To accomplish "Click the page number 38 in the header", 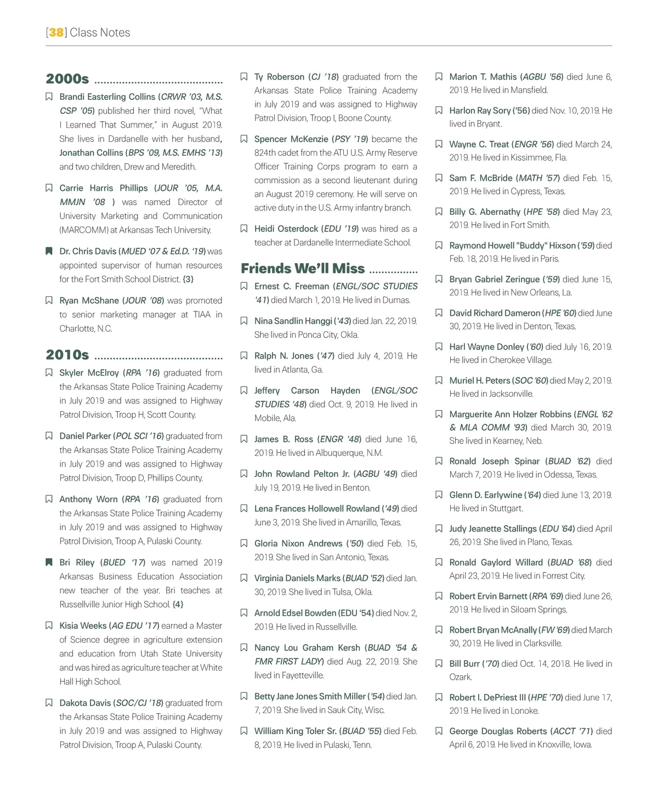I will tap(56, 32).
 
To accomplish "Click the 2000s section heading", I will tap(67, 79).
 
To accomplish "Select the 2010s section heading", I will tap(67, 355).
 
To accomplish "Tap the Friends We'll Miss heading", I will tap(302, 268).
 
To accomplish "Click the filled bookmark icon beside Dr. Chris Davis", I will tap(49, 251).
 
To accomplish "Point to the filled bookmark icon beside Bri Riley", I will tap(49, 563).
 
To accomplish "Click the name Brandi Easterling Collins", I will tap(107, 97).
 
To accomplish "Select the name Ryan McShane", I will tap(89, 300).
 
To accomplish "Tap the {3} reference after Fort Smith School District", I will tap(188, 279).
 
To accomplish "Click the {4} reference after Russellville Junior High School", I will tap(178, 604).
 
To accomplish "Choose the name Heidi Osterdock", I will tap(286, 229).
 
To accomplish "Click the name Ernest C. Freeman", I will tap(292, 286).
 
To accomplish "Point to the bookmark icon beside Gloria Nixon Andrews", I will tap(244, 544).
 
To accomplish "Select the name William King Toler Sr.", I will tap(296, 731).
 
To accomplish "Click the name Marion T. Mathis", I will tap(483, 77).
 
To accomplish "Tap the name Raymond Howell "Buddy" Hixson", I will tap(512, 246).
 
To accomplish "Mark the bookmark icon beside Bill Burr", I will tap(439, 664).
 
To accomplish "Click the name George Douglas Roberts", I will tap(498, 731).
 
